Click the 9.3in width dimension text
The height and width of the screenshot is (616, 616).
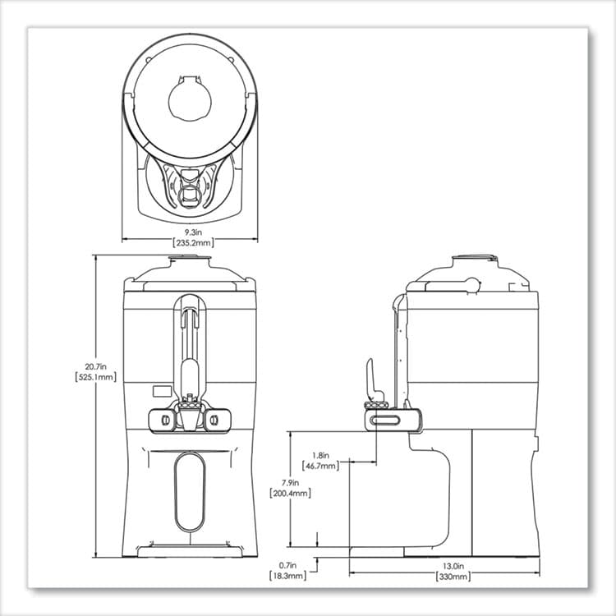[191, 233]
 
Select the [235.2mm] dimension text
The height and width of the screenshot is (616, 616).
[191, 243]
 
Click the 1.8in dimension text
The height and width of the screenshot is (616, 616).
[321, 455]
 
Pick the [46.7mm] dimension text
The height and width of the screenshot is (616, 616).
[321, 466]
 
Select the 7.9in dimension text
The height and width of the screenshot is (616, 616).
[288, 483]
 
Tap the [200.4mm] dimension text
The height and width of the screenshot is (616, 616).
[288, 494]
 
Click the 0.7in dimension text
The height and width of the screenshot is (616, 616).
[288, 566]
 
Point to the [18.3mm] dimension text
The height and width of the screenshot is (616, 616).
[288, 577]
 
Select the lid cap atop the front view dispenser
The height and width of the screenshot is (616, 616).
[190, 260]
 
